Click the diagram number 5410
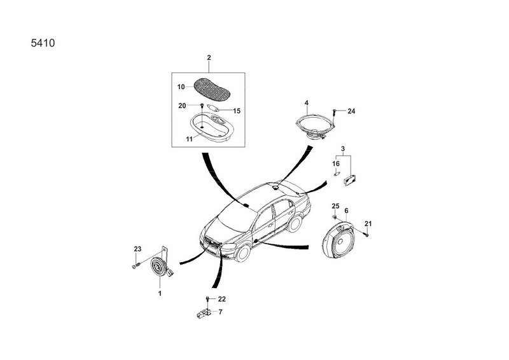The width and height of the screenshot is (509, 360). coord(43,43)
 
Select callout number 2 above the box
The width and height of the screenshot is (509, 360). coord(209,57)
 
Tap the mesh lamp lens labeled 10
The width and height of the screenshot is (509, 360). coord(213,89)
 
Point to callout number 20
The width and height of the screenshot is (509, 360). coord(182,106)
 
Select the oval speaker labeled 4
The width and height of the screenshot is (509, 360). coord(316,127)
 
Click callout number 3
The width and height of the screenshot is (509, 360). coord(343,149)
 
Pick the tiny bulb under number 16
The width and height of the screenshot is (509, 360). coord(337,174)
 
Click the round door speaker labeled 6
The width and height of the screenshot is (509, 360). coord(339,240)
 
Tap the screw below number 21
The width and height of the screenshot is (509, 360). coord(367,233)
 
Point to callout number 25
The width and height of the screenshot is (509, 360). coord(335,206)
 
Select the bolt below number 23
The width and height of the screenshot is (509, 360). coord(136,265)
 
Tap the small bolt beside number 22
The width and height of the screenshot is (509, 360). coord(207,299)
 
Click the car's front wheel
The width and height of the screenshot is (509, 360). coord(242,253)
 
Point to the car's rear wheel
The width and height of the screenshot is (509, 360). coord(295,223)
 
